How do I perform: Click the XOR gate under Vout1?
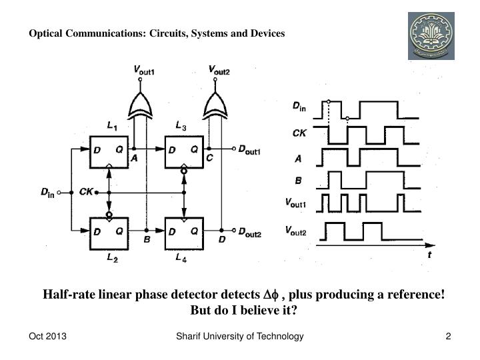140,104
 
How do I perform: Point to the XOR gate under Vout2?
215,104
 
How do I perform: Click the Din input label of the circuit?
47,193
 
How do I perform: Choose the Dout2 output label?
249,235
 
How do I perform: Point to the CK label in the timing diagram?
300,133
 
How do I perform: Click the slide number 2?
449,337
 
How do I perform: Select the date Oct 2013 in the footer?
47,337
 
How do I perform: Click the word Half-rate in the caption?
69,295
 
